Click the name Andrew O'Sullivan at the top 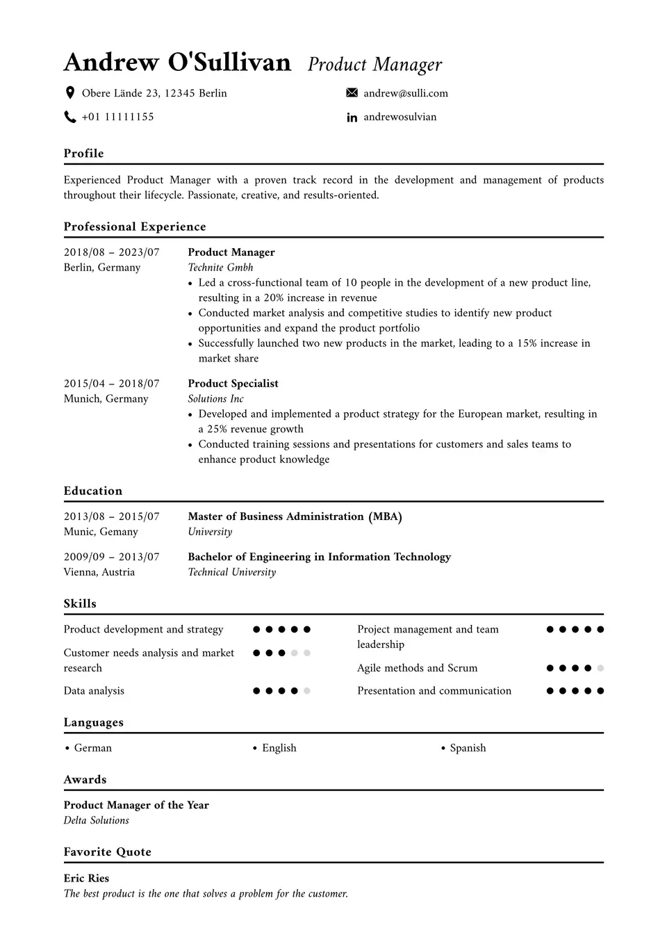[177, 63]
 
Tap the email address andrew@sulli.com [406, 93]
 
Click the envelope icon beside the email [352, 93]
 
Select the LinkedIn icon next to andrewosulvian [352, 117]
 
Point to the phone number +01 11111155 [117, 117]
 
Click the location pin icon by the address [69, 93]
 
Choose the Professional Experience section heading [135, 227]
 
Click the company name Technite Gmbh [220, 268]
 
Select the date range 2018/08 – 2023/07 [111, 252]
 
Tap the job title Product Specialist [233, 384]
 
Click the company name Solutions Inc [215, 399]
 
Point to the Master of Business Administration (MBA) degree [295, 516]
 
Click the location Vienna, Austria [99, 572]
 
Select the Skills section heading [80, 603]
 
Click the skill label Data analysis [94, 691]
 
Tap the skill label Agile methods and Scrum [417, 668]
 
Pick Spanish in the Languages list [468, 748]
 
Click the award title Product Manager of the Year [136, 805]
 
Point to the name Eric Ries [86, 878]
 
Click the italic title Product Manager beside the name [374, 65]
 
